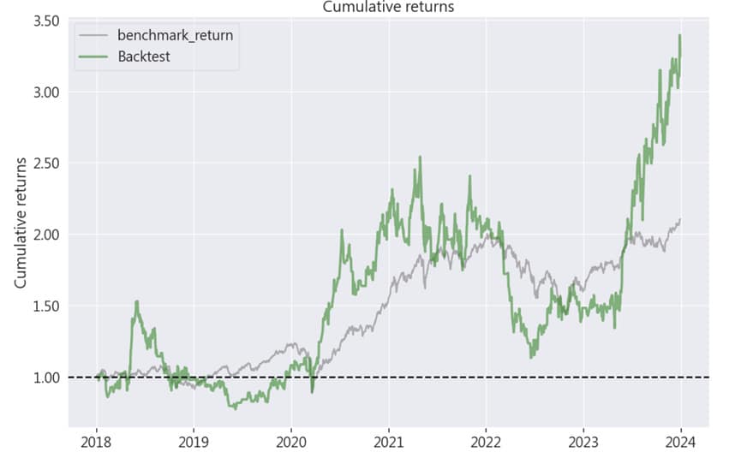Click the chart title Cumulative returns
click(388, 7)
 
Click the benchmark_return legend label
click(175, 37)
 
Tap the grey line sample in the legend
click(93, 37)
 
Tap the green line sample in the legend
click(93, 57)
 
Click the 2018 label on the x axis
click(96, 443)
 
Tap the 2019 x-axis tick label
click(194, 443)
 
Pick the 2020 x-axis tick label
click(291, 443)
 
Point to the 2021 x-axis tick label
click(389, 443)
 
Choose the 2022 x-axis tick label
click(486, 443)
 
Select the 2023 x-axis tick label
click(583, 443)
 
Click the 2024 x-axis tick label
click(681, 443)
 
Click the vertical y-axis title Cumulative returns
click(21, 223)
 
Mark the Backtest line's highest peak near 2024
click(679, 35)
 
